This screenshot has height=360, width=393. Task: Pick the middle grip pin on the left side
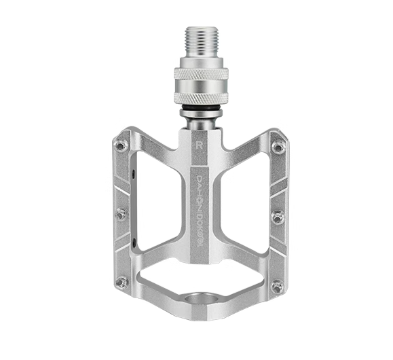click(121, 215)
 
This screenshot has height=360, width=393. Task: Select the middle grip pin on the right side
click(278, 217)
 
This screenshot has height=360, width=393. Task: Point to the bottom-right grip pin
click(277, 285)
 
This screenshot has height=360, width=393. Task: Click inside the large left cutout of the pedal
click(159, 197)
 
